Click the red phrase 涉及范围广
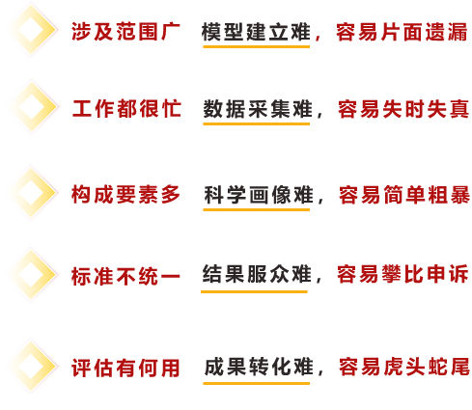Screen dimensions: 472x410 pos(125,32)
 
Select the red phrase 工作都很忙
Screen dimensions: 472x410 pos(126,108)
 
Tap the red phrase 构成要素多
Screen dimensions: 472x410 pos(125,195)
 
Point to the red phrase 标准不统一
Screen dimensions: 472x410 pos(125,276)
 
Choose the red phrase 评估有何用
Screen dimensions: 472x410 pos(125,368)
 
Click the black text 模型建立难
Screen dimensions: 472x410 pos(256,32)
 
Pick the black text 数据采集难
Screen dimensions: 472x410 pos(258,109)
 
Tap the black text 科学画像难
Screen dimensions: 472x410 pos(259,195)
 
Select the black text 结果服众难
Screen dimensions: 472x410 pos(257,274)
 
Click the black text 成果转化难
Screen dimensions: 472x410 pos(259,367)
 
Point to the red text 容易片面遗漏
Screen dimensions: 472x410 pos(402,32)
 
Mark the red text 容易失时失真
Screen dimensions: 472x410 pos(403,109)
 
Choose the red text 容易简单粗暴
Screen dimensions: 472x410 pos(404,195)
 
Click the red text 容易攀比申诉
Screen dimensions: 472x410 pos(403,274)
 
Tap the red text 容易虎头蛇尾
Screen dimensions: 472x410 pos(404,367)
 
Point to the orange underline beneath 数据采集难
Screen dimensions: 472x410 pos(257,123)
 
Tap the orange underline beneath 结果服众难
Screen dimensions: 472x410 pos(254,291)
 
